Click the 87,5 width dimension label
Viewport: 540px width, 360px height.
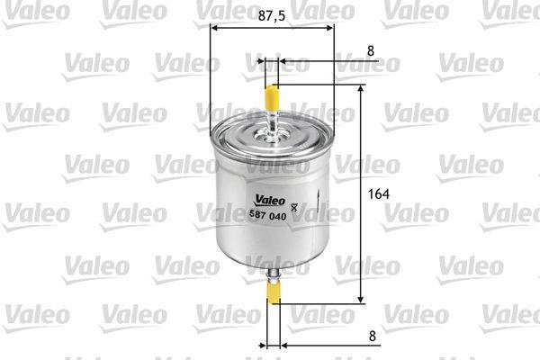click(272, 15)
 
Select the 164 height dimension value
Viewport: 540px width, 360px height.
click(379, 194)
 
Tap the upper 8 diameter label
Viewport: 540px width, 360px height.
click(371, 51)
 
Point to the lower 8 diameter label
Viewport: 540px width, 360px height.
click(373, 336)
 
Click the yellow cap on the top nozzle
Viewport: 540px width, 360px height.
click(272, 97)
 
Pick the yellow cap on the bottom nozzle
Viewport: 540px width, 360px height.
click(274, 292)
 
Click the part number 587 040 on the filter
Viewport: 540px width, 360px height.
click(267, 216)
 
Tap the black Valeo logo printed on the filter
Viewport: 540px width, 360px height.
click(270, 200)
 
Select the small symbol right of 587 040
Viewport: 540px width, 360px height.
click(294, 208)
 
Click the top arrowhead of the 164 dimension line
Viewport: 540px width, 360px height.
click(361, 88)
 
